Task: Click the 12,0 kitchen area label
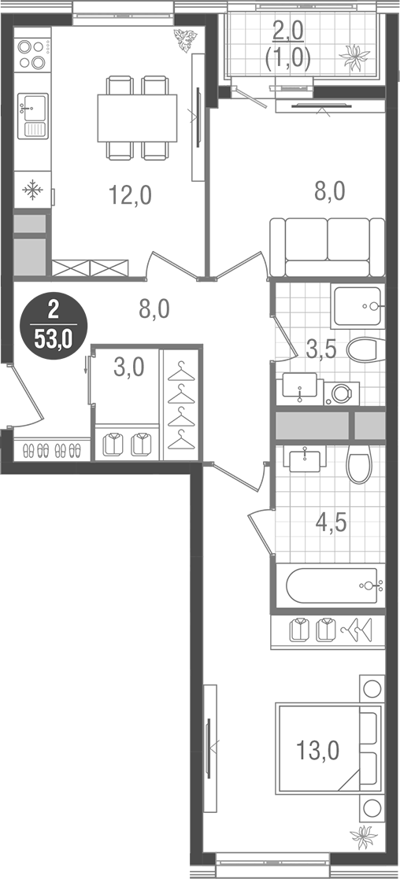130,194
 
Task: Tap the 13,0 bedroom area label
319,751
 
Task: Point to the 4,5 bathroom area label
330,522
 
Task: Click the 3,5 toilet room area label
321,349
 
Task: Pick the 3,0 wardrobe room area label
128,367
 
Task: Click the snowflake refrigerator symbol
32,190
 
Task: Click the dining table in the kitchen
138,118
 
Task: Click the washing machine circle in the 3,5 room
342,393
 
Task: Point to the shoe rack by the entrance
53,451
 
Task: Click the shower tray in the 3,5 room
357,305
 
